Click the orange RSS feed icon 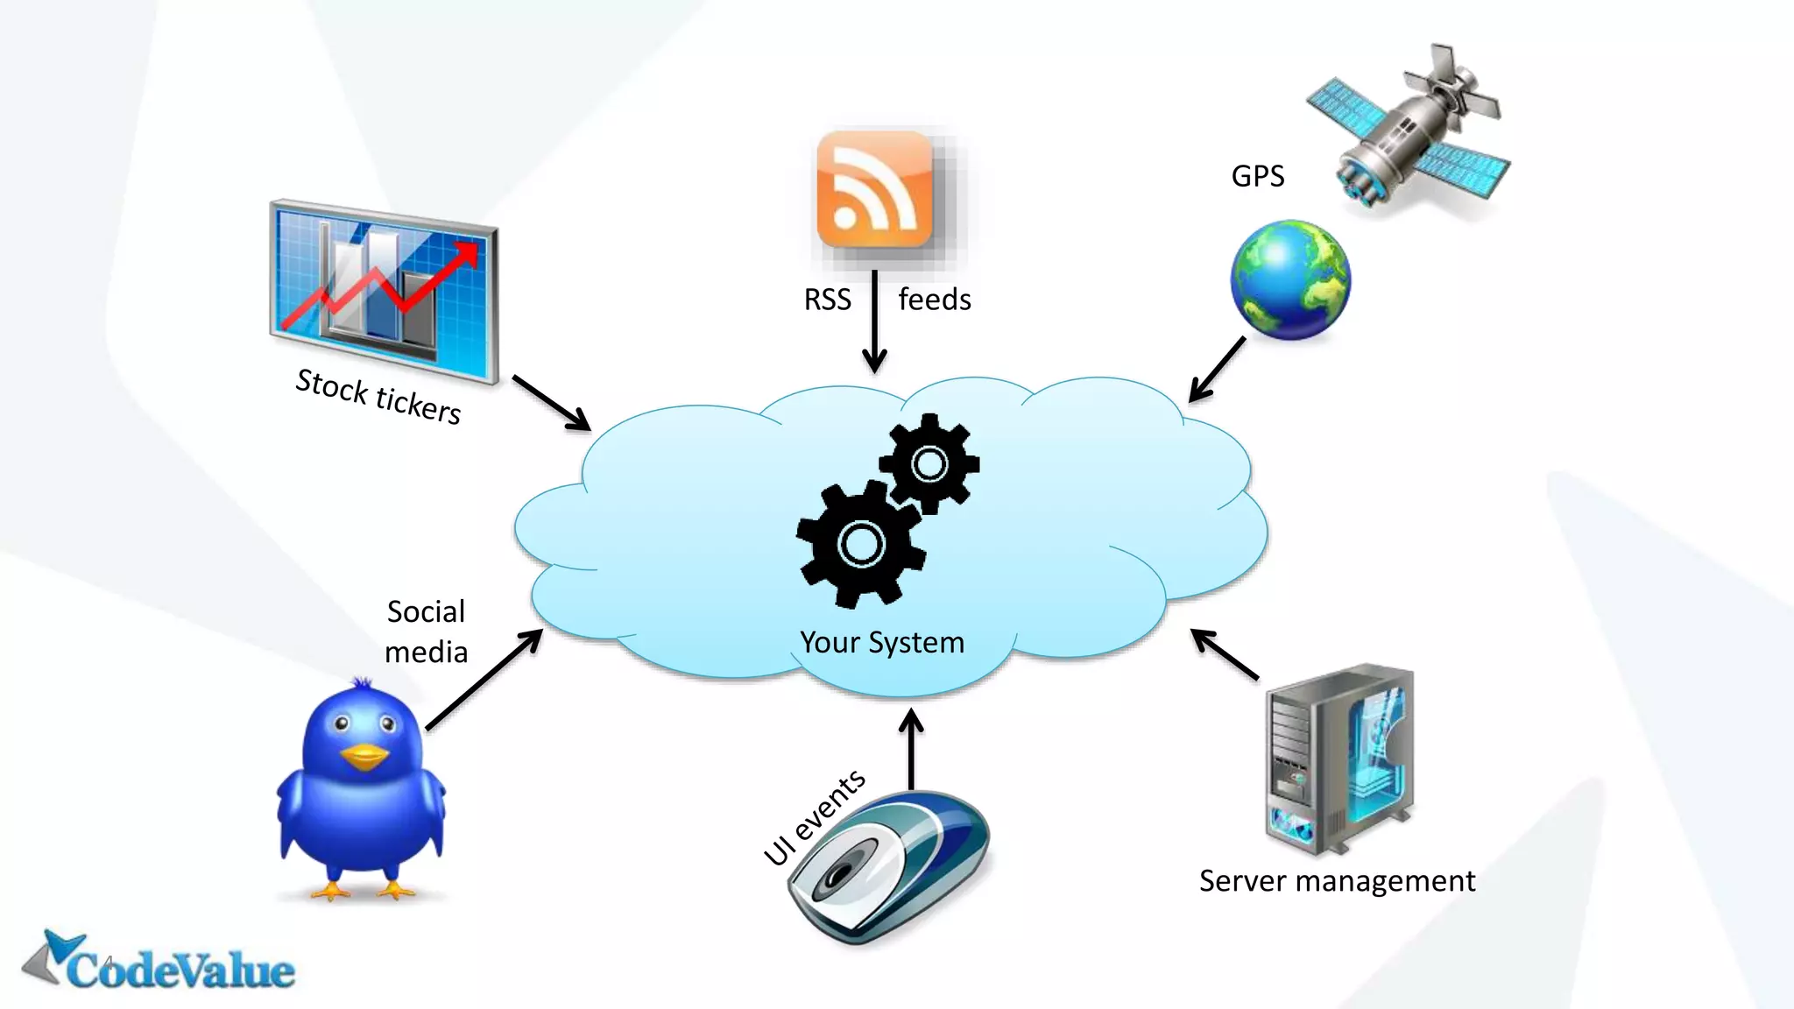874,190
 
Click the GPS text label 1257,177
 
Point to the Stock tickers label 378,397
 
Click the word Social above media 426,611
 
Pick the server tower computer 1338,759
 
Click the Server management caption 1337,881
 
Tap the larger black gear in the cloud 861,544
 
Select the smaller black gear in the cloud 929,463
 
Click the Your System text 881,643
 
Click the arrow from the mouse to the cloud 911,749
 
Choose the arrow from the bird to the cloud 484,680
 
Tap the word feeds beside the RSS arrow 935,300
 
